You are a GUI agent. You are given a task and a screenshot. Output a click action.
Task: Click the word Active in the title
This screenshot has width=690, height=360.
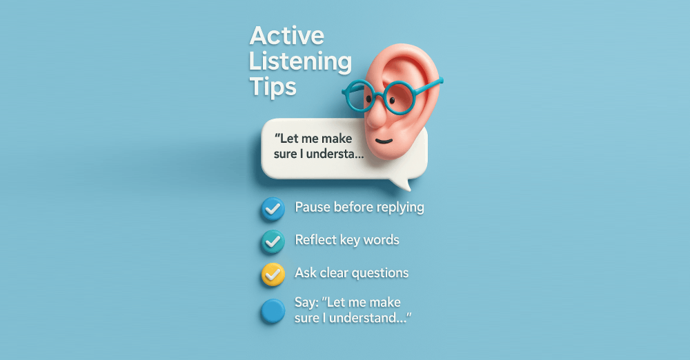click(x=287, y=36)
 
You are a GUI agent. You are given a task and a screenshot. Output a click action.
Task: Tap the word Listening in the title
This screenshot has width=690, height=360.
click(x=301, y=62)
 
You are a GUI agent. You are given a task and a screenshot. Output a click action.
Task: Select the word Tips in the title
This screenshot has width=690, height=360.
click(x=273, y=87)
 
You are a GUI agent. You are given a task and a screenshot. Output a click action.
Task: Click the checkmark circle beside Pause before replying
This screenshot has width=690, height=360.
click(x=273, y=208)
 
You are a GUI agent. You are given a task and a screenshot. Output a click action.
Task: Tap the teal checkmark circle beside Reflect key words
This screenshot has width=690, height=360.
click(x=273, y=241)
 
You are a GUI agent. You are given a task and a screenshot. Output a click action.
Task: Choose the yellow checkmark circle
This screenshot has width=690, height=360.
click(x=273, y=274)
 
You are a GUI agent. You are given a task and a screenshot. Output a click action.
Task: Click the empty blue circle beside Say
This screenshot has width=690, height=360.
click(x=273, y=311)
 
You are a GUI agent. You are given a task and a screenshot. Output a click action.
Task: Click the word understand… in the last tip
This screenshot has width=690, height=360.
click(x=370, y=318)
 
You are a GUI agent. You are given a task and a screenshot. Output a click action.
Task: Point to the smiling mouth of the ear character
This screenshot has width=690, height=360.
click(x=384, y=141)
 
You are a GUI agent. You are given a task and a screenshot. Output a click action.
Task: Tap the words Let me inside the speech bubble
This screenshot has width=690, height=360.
click(x=295, y=138)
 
